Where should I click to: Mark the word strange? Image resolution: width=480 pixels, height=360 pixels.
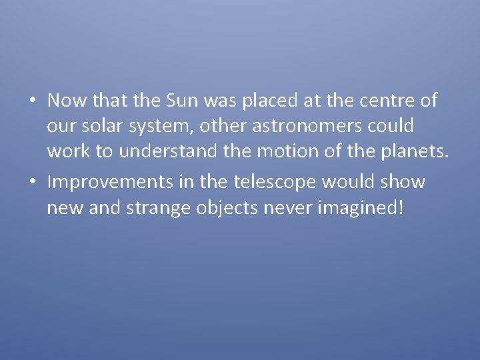pos(159,207)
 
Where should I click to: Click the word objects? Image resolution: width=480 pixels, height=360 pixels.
pos(227,207)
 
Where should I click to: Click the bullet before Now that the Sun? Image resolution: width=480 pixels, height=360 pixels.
pos(33,101)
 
